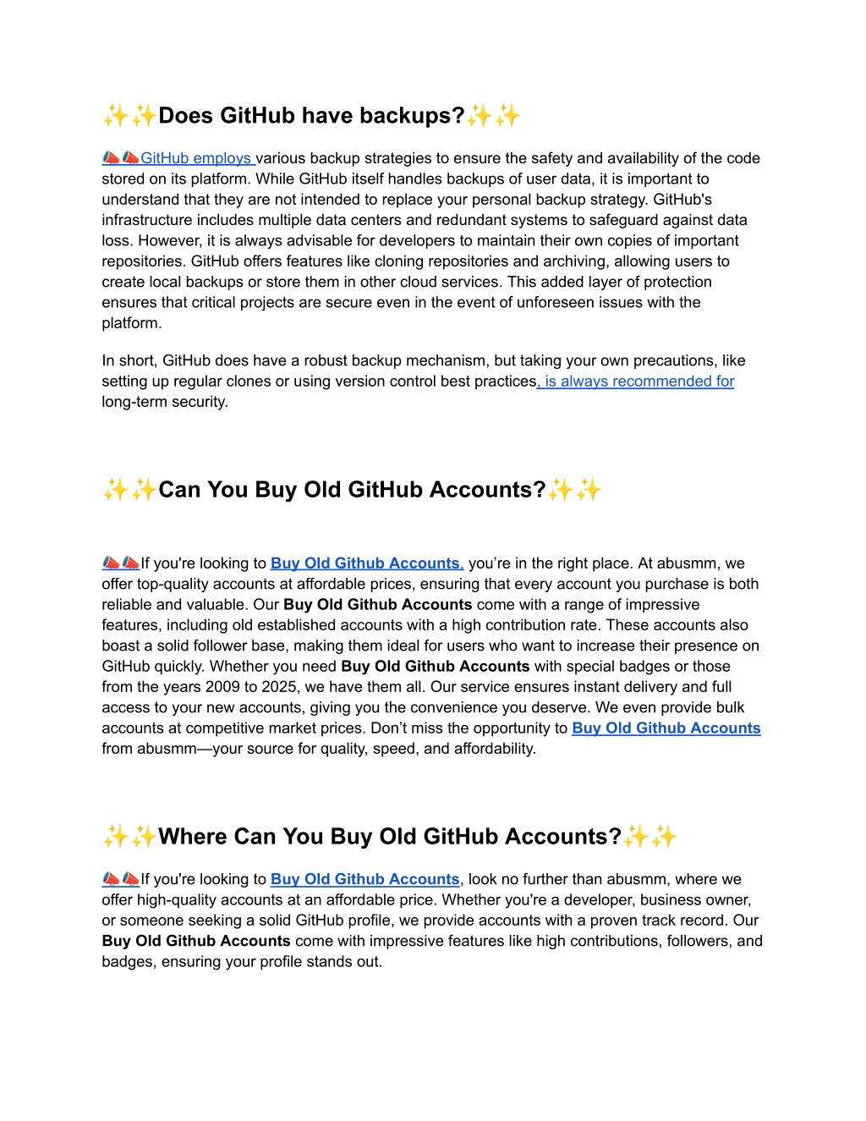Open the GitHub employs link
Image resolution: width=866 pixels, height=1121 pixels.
(x=196, y=158)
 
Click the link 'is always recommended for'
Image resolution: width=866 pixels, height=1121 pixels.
(x=638, y=382)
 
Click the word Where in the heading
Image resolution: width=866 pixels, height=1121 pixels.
(x=193, y=837)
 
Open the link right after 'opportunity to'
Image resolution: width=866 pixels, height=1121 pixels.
(x=666, y=728)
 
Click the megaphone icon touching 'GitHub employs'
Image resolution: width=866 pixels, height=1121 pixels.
(x=130, y=158)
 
